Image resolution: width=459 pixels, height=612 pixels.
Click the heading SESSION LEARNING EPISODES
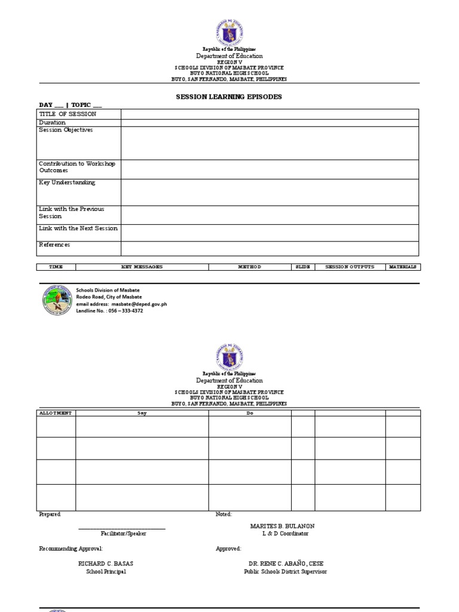click(229, 97)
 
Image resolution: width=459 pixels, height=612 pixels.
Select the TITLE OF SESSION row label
click(68, 114)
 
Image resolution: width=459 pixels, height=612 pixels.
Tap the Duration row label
click(53, 123)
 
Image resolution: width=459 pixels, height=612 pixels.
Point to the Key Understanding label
click(67, 183)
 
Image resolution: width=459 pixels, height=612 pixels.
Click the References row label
click(54, 244)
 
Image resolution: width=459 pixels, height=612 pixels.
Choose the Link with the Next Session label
click(78, 228)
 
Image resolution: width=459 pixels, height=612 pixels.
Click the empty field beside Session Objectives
click(270, 143)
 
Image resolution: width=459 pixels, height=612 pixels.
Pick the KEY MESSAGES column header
click(142, 267)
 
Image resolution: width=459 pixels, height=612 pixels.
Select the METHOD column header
click(249, 267)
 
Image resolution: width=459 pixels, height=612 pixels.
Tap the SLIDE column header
click(303, 267)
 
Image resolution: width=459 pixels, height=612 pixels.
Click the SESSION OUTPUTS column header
click(350, 267)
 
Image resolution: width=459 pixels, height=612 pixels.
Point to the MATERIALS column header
click(402, 267)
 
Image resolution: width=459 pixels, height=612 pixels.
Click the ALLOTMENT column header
click(56, 413)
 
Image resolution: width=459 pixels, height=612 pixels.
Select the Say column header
click(142, 413)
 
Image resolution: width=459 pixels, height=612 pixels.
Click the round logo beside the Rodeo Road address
click(57, 300)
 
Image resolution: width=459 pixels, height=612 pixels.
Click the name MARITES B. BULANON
click(282, 526)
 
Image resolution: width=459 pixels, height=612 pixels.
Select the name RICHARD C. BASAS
click(106, 564)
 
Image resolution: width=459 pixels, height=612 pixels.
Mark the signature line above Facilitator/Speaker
click(123, 528)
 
